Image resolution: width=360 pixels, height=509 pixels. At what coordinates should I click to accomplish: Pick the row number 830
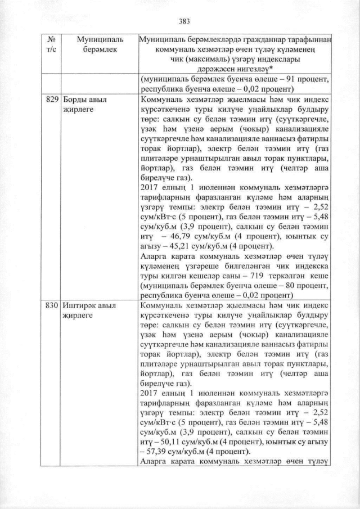[x=51, y=305]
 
